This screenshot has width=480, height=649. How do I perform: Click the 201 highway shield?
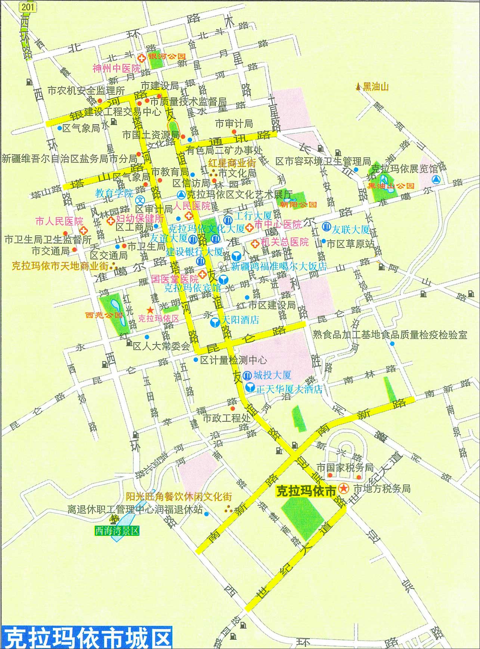point(27,7)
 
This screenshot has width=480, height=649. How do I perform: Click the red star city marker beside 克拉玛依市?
point(343,488)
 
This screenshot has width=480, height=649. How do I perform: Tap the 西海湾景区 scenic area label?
point(117,531)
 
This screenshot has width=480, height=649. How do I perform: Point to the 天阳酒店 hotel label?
point(240,320)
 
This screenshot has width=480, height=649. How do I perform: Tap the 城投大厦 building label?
point(272,375)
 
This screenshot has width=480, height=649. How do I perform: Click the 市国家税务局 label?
point(345,467)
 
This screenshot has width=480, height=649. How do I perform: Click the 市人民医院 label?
point(59,221)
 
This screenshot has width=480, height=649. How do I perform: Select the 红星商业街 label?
point(232,163)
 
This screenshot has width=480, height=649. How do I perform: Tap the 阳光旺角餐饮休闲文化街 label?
point(179,496)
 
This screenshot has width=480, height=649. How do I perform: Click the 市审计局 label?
point(234,123)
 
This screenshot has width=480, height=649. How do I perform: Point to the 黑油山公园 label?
point(391,186)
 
